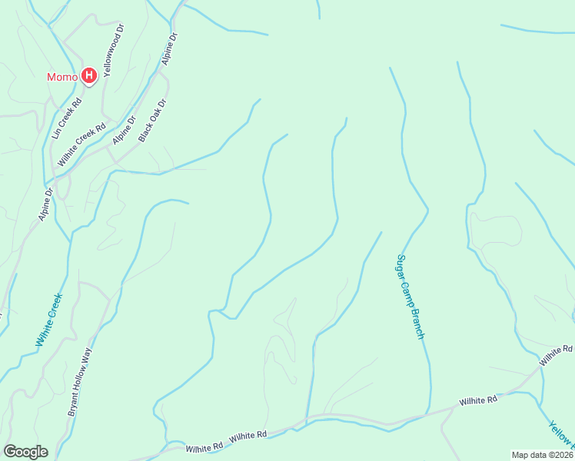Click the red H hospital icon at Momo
click(x=88, y=75)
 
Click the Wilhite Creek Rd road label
click(x=81, y=144)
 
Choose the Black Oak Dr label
click(x=152, y=120)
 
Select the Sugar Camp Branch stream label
click(x=410, y=297)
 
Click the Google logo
click(x=25, y=452)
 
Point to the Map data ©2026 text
click(x=542, y=455)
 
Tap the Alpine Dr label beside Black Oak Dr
click(x=123, y=130)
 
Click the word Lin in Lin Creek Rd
click(x=56, y=133)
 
